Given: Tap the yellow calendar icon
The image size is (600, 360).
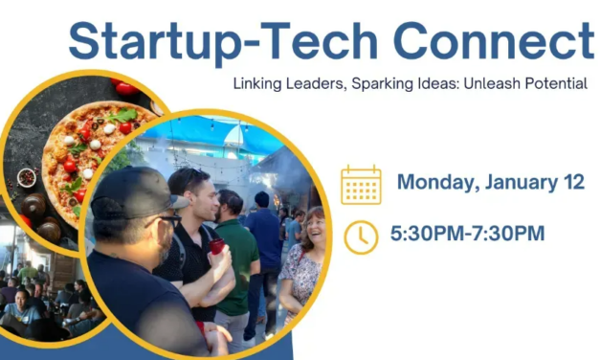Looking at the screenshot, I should [x=361, y=184].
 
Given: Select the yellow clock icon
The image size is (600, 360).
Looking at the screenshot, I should [x=361, y=236].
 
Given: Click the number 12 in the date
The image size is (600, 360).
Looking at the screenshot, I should [x=570, y=182].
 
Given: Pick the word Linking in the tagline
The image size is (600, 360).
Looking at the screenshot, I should [x=256, y=83].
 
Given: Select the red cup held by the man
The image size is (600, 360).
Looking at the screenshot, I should [x=216, y=246].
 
